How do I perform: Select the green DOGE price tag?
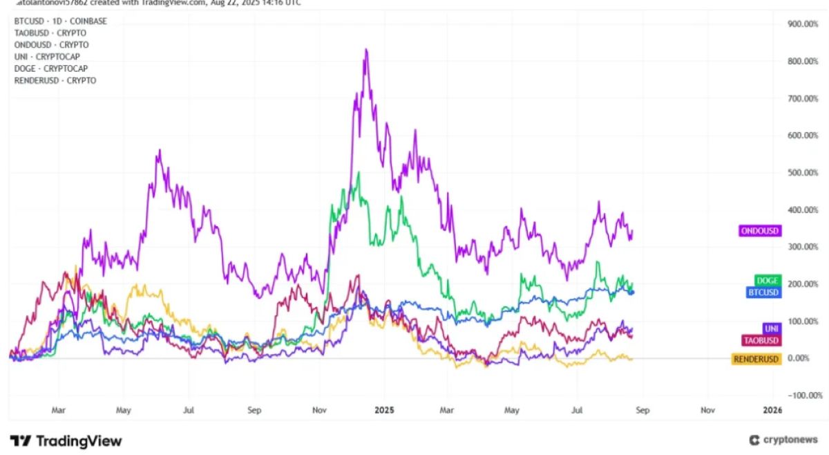click(x=768, y=281)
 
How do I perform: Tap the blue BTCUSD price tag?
click(x=763, y=292)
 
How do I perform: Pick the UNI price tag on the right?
click(x=772, y=328)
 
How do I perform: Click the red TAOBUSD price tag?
click(x=761, y=340)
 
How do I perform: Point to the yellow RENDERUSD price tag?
click(x=756, y=359)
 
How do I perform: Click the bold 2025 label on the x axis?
click(x=383, y=410)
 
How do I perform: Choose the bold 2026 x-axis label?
click(x=772, y=410)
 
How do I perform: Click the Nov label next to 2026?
click(x=707, y=410)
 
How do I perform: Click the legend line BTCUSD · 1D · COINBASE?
click(x=61, y=21)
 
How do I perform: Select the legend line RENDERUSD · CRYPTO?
click(x=55, y=80)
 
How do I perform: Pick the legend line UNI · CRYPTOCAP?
click(x=51, y=57)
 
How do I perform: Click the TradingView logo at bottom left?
click(x=66, y=440)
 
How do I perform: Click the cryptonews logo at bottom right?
click(x=783, y=440)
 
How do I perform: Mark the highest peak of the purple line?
click(x=365, y=49)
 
